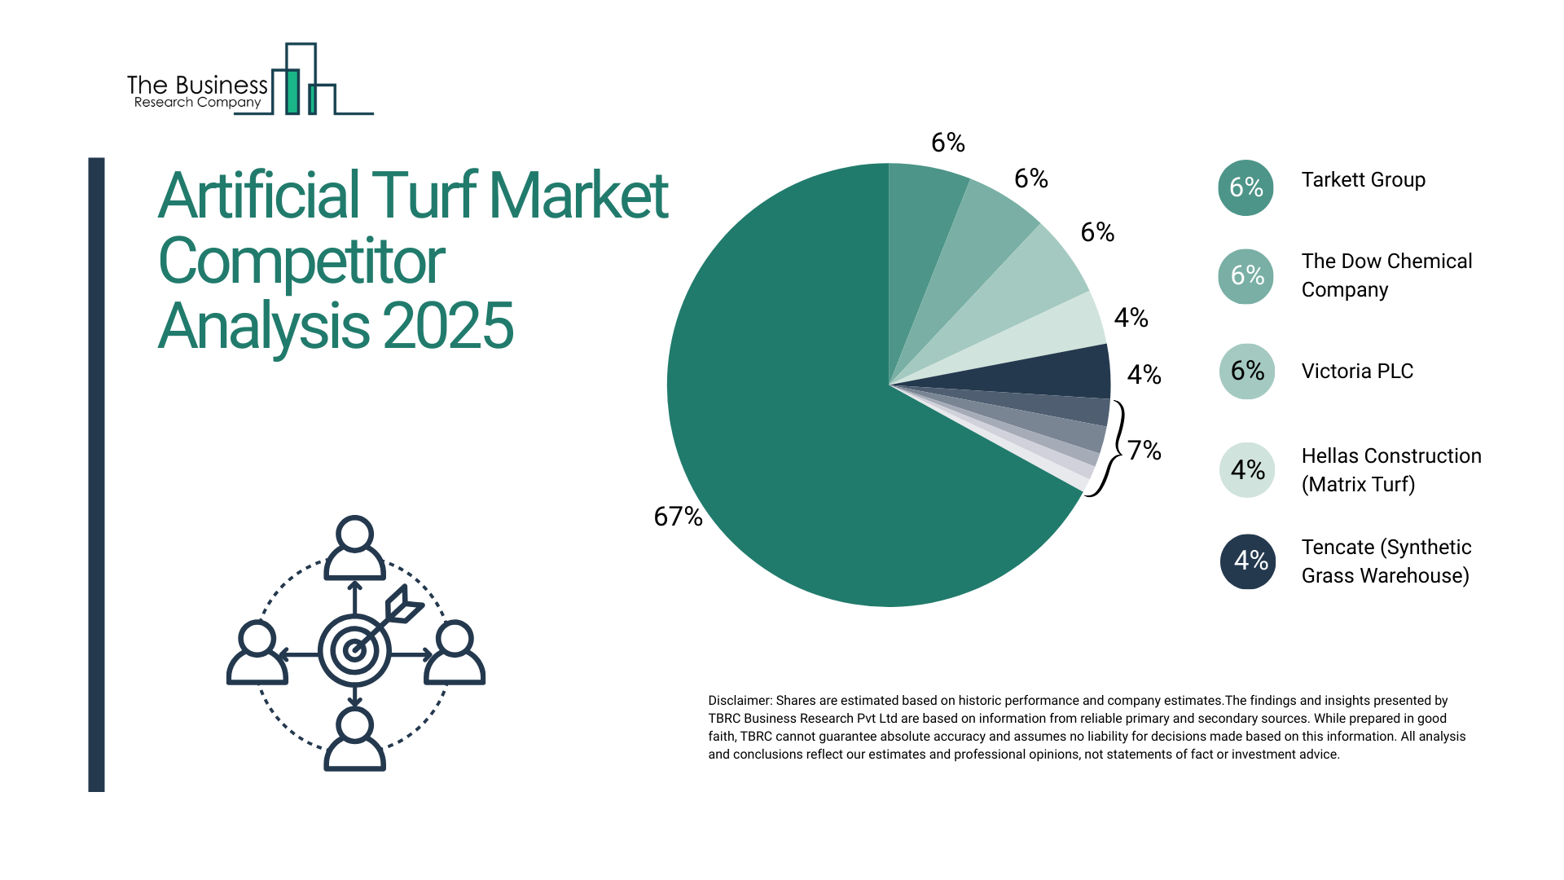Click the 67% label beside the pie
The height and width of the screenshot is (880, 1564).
678,516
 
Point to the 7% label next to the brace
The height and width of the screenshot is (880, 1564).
1144,450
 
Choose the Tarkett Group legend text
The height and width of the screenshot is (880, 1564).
1363,180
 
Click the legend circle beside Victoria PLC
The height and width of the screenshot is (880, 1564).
1246,372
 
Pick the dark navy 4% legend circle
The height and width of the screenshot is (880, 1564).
1247,561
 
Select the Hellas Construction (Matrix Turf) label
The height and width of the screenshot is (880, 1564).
1390,470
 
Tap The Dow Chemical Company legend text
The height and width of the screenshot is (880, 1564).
1386,275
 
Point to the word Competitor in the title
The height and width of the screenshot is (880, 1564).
301,262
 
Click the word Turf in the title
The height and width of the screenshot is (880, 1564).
424,196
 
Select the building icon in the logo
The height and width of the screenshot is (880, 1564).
301,81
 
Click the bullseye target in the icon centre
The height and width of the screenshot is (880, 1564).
354,650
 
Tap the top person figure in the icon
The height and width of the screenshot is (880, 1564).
354,548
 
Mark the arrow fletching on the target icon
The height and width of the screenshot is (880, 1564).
403,605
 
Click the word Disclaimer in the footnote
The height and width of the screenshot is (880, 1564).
739,701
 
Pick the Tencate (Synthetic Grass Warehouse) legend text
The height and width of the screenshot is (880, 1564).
1386,561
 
